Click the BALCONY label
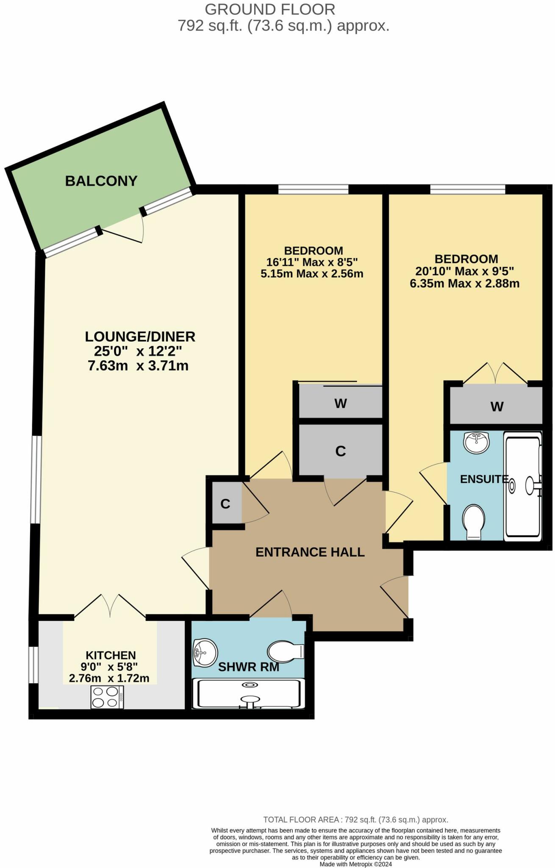tap(101, 181)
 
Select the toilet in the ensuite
tap(474, 522)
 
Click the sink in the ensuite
tap(477, 442)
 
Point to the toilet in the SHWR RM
tap(286, 651)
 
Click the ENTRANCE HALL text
tap(310, 552)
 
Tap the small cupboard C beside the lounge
tap(225, 504)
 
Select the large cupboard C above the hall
tap(341, 451)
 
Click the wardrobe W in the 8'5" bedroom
tap(341, 403)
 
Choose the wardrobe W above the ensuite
tap(497, 406)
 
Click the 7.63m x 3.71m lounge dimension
tap(138, 365)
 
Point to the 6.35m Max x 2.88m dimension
tap(464, 284)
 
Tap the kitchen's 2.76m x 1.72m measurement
tap(109, 678)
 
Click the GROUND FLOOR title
tap(270, 9)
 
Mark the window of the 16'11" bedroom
tap(313, 189)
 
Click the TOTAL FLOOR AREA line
tap(355, 819)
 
